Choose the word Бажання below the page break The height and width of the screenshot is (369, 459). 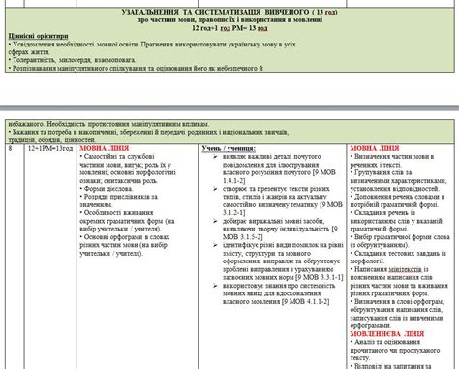pos(27,133)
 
